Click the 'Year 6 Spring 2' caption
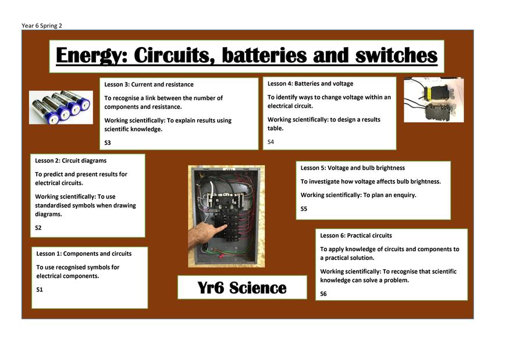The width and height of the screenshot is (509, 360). pyautogui.click(x=41, y=26)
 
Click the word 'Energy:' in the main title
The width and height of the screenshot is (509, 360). pyautogui.click(x=91, y=55)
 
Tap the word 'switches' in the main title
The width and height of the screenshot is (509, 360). pyautogui.click(x=396, y=55)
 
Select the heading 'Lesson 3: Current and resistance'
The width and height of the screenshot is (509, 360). pyautogui.click(x=149, y=84)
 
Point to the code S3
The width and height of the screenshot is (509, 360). pyautogui.click(x=108, y=142)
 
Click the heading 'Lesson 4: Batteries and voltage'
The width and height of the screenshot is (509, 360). pyautogui.click(x=310, y=83)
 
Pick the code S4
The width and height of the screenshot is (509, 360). pyautogui.click(x=270, y=142)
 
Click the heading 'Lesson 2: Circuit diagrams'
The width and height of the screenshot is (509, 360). pyautogui.click(x=71, y=161)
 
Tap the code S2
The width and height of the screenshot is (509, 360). pyautogui.click(x=38, y=228)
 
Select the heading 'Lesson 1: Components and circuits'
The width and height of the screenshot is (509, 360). pyautogui.click(x=84, y=254)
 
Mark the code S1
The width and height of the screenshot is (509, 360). pyautogui.click(x=40, y=290)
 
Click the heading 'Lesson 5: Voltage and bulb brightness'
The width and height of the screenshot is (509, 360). pyautogui.click(x=353, y=168)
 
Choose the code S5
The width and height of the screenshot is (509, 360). pyautogui.click(x=304, y=209)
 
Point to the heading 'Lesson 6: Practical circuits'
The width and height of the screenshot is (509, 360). pyautogui.click(x=356, y=236)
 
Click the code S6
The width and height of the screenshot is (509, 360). pyautogui.click(x=323, y=294)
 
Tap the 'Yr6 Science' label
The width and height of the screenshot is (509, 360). pyautogui.click(x=242, y=288)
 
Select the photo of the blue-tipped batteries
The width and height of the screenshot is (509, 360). pyautogui.click(x=61, y=108)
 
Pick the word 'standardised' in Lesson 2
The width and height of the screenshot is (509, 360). pyautogui.click(x=54, y=205)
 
